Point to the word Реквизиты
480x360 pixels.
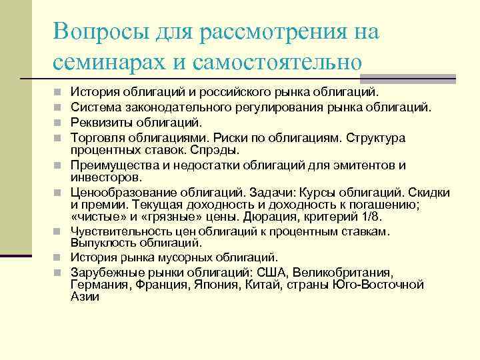pos(99,122)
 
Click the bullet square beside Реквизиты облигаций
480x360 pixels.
pos(59,123)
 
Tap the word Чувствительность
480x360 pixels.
pos(117,231)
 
